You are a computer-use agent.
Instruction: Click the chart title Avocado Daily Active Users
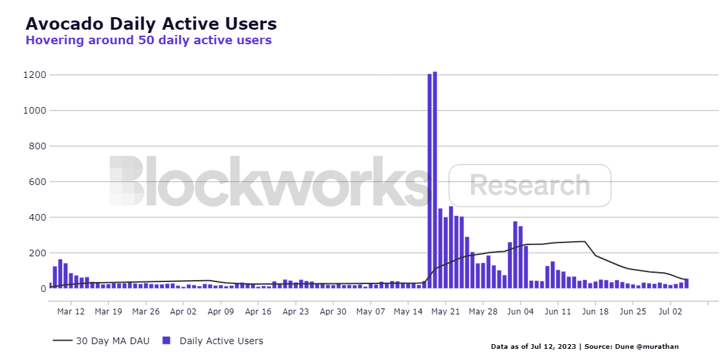coord(151,24)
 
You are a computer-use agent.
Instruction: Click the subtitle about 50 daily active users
coord(148,40)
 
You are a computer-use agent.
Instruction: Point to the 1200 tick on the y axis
coord(33,75)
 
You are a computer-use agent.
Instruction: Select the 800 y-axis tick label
coord(36,146)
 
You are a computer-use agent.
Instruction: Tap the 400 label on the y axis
coord(36,217)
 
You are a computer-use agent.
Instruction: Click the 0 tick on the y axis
coord(42,289)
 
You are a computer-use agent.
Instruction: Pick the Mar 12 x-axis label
coord(71,311)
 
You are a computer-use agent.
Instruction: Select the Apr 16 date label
coord(258,311)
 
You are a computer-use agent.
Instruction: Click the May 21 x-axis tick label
coord(446,311)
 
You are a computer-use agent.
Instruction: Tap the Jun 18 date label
coord(596,311)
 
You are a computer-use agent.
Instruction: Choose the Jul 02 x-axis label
coord(670,311)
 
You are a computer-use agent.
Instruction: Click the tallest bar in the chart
coord(435,180)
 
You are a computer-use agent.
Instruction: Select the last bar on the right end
coord(686,283)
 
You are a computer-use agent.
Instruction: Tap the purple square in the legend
coord(166,341)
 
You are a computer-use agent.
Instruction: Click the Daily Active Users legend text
coord(221,341)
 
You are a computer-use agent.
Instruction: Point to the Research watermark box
coord(530,186)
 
